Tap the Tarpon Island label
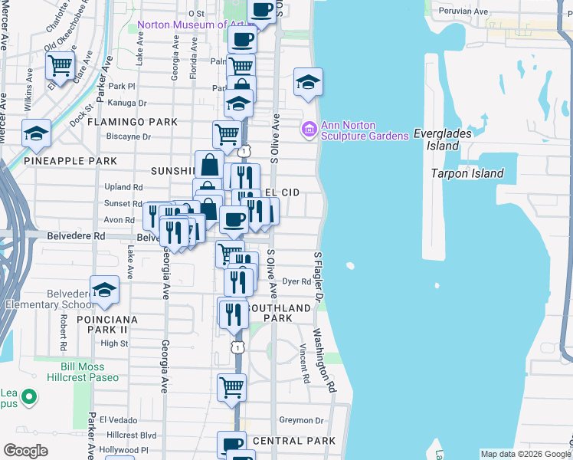467,173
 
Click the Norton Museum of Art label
192,25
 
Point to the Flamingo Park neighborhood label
132,122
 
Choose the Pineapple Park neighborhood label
70,161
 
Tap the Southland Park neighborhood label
288,313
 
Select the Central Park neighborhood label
293,441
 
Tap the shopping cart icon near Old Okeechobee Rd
61,66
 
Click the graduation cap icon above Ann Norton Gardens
308,83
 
